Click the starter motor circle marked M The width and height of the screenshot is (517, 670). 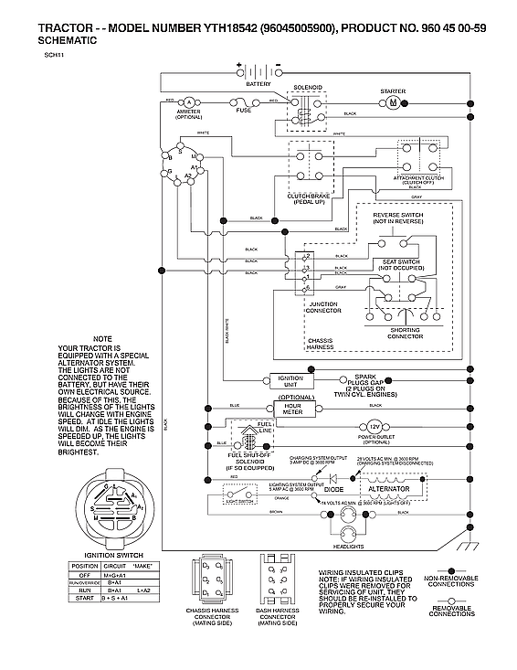pyautogui.click(x=393, y=103)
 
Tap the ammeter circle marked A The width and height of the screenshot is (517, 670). pyautogui.click(x=188, y=101)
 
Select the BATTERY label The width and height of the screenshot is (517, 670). pyautogui.click(x=258, y=83)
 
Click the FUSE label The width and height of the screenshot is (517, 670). pyautogui.click(x=244, y=111)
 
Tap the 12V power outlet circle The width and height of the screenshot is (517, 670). pyautogui.click(x=375, y=427)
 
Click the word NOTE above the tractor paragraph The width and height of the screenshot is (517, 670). pyautogui.click(x=102, y=339)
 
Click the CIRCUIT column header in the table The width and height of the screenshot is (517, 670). pyautogui.click(x=115, y=566)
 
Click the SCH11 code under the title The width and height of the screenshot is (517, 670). pyautogui.click(x=52, y=56)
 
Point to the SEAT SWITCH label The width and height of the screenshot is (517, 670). pyautogui.click(x=397, y=261)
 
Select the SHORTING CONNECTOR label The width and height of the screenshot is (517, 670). pyautogui.click(x=405, y=335)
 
